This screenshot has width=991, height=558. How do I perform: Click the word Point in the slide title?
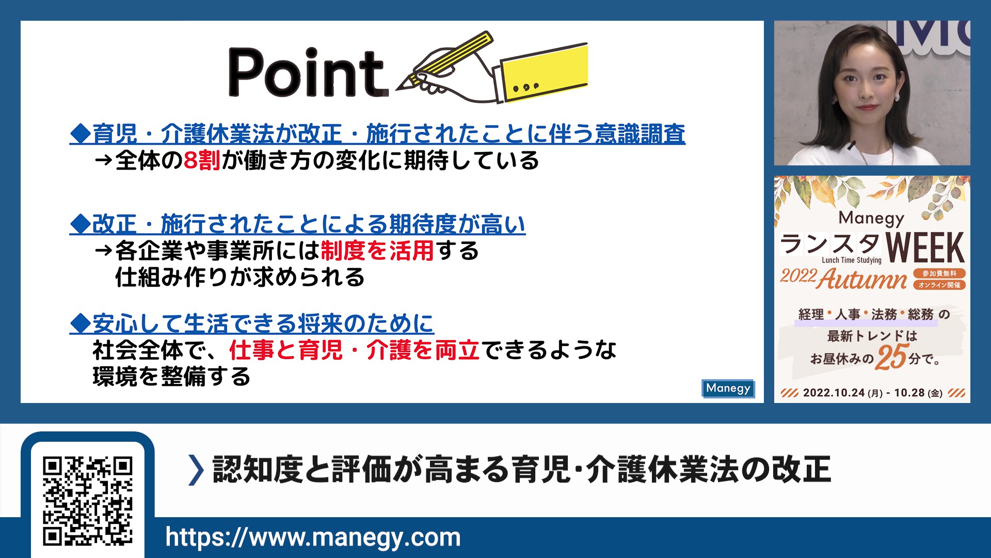(308, 72)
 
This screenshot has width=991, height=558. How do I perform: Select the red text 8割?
(202, 161)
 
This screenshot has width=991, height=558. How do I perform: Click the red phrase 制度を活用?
(377, 251)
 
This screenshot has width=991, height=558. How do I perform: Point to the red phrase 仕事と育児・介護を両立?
(355, 350)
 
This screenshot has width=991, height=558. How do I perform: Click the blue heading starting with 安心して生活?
(252, 324)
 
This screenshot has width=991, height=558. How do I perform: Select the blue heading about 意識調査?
(377, 134)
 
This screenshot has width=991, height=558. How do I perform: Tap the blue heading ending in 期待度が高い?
(297, 224)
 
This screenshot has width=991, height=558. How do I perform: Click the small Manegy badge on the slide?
(728, 389)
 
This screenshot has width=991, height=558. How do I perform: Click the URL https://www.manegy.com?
(313, 537)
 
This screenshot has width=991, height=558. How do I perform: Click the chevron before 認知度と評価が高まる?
(196, 470)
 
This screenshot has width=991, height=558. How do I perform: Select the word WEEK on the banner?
(924, 248)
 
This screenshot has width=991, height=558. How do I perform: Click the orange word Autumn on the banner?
(862, 280)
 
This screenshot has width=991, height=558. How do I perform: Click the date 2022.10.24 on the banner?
(834, 393)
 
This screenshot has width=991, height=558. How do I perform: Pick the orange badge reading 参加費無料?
(939, 273)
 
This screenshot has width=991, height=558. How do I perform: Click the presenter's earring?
(897, 97)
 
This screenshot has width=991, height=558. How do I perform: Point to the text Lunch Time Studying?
(852, 260)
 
